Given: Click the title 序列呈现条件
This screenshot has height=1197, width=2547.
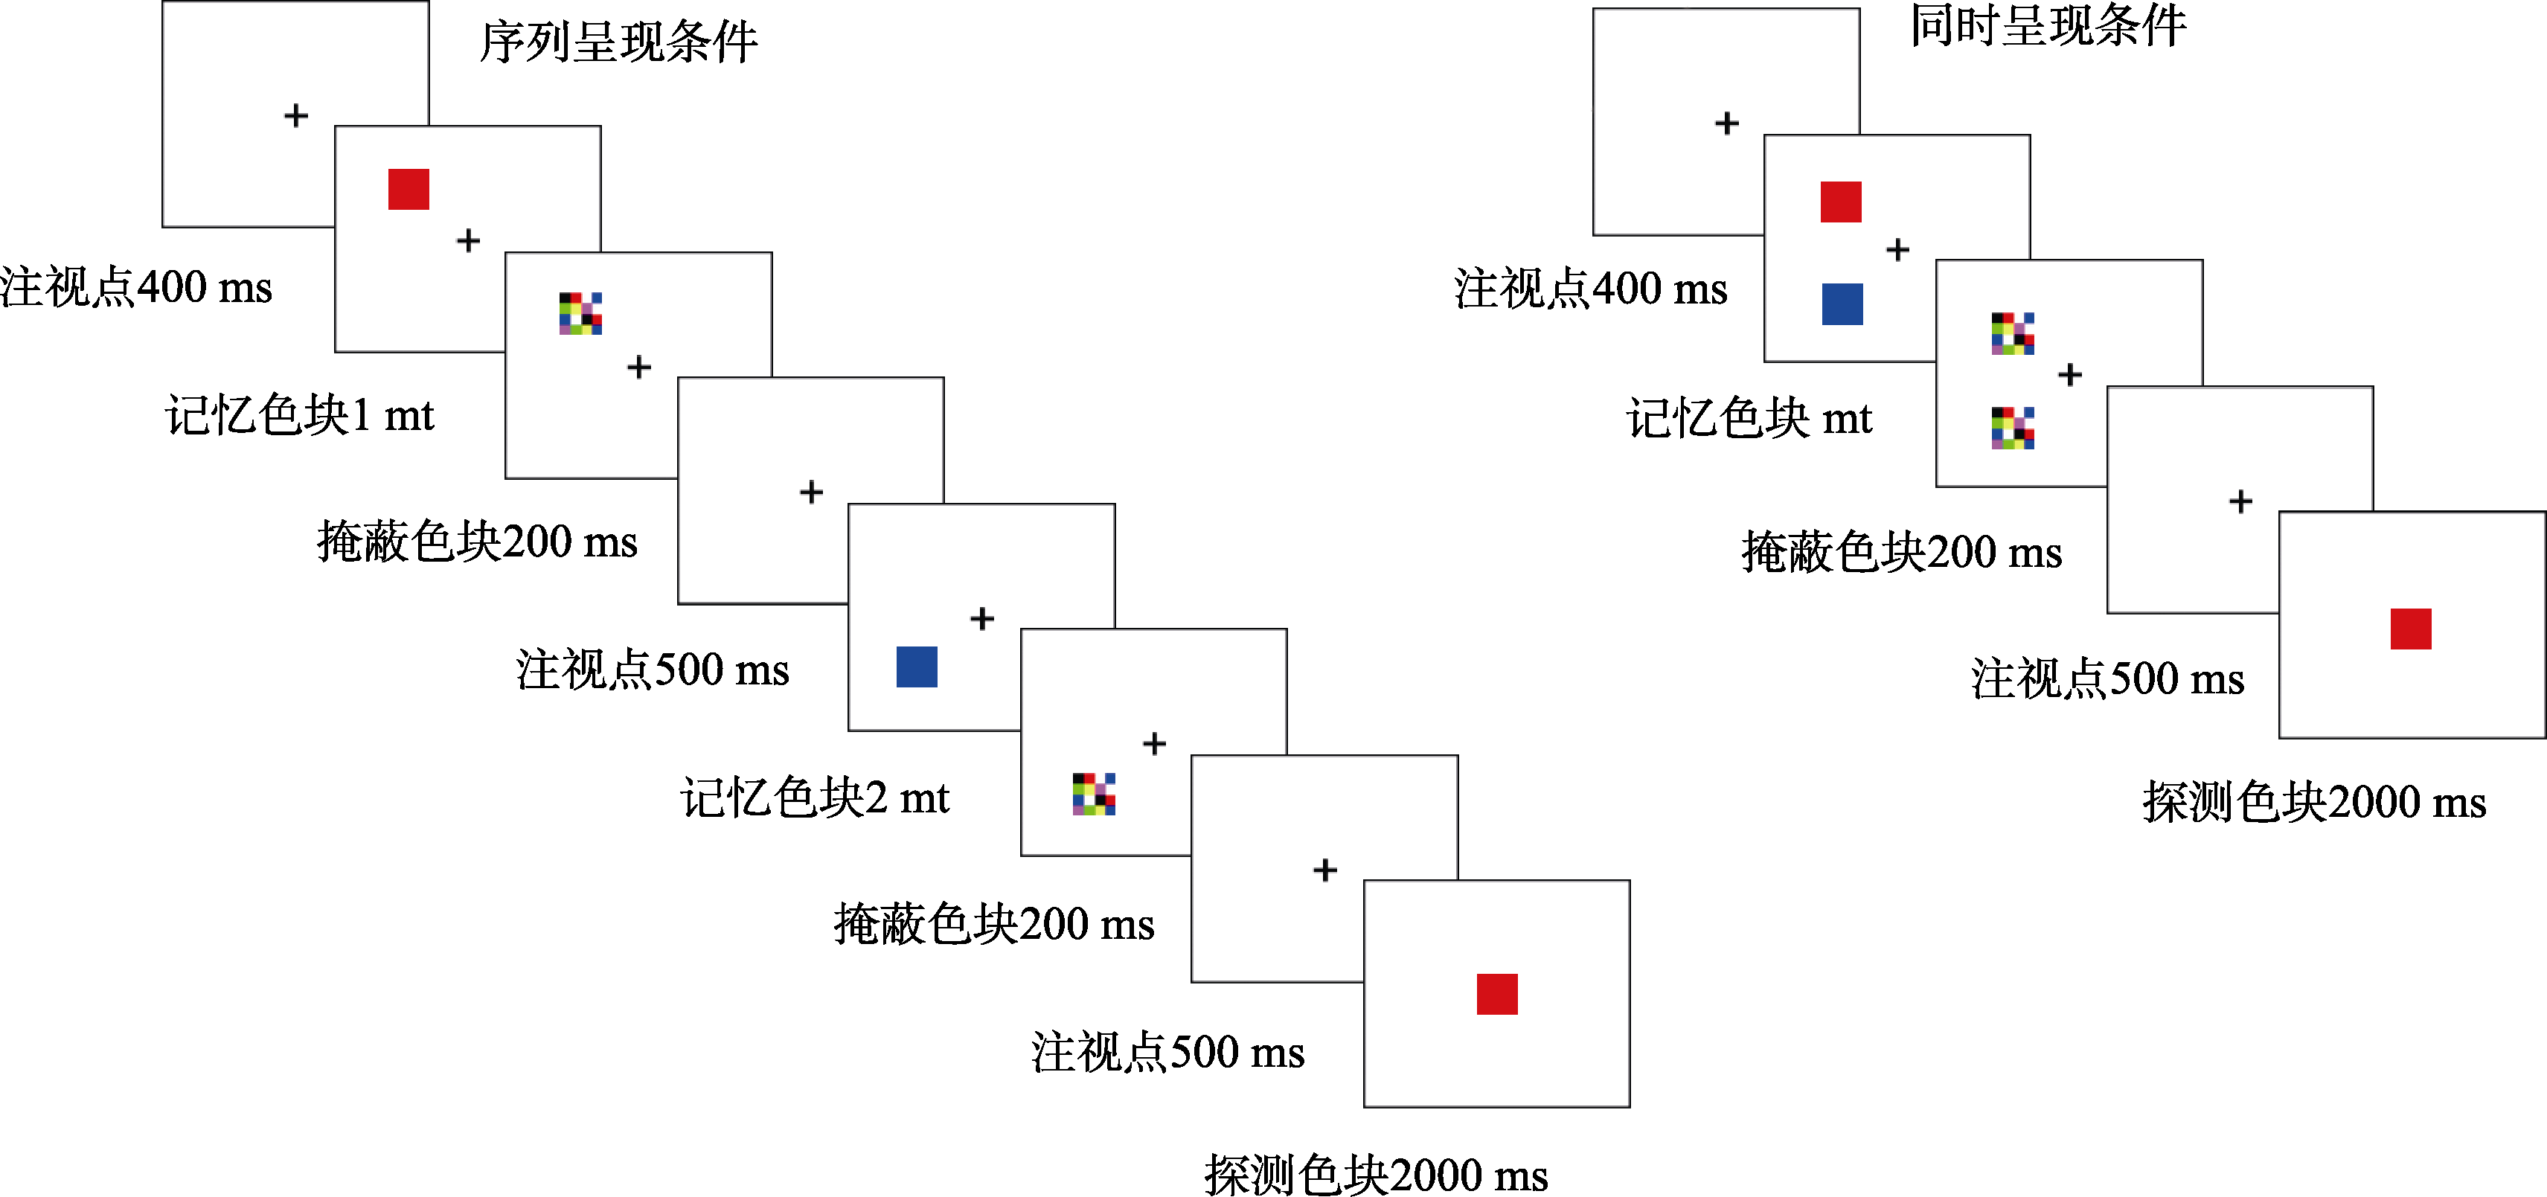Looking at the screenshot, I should (619, 42).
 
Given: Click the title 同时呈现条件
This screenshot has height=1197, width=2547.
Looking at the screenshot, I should (2048, 26).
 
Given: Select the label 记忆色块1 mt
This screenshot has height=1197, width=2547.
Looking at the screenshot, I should (300, 415).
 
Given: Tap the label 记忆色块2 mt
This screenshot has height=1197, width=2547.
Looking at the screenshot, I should (815, 798).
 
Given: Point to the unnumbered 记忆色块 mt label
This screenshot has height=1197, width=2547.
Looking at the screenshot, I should (1749, 418).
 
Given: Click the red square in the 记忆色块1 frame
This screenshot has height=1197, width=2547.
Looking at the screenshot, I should (409, 189).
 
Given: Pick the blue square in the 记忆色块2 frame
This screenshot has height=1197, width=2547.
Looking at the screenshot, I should (917, 667).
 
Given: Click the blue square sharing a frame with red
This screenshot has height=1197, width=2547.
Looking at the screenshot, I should (1842, 304).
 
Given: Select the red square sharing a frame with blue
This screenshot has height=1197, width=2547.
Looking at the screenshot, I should (1841, 202).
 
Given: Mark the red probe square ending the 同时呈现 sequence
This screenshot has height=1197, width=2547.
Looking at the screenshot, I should (2411, 629).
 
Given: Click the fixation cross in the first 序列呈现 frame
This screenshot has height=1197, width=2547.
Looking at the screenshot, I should (295, 115).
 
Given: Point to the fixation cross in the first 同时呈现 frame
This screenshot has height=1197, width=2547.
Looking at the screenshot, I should (1726, 123).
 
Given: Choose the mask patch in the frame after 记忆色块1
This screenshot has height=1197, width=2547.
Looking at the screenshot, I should (580, 313).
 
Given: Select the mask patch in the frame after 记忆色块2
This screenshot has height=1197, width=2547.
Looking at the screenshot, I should (1094, 794).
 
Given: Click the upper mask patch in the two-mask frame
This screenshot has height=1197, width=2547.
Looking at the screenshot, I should (2013, 333).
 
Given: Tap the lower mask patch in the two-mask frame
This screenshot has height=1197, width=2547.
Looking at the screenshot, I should (2013, 428).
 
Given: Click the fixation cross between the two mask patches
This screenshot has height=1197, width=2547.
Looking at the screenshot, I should (2069, 375).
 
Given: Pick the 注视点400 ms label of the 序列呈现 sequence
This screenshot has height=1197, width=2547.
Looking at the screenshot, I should (135, 288).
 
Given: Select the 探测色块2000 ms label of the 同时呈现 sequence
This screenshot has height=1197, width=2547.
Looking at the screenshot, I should (2313, 802).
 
